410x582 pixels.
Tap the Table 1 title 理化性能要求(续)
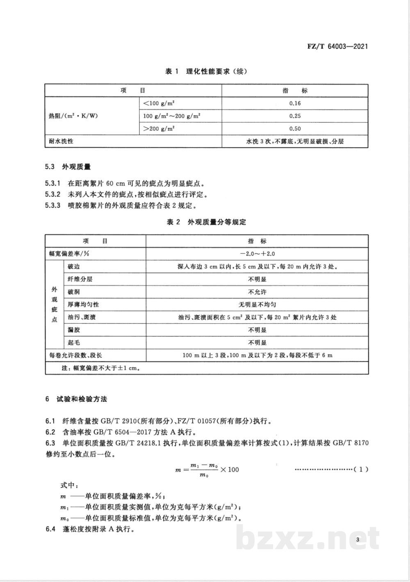(206, 71)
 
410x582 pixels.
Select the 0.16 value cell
(295, 103)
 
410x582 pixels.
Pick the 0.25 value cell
(295, 116)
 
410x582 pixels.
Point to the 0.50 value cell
(295, 128)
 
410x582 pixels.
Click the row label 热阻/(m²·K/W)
(73, 116)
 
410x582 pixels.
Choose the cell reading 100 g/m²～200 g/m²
(171, 116)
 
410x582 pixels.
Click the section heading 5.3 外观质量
(68, 167)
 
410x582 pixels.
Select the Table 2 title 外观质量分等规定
(206, 222)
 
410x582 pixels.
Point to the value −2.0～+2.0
(257, 254)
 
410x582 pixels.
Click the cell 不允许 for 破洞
(257, 292)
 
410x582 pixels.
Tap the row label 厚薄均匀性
(84, 305)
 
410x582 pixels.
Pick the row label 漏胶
(74, 330)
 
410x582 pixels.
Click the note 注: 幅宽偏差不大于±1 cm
(101, 368)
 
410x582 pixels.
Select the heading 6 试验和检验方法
(76, 399)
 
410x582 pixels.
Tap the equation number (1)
(360, 469)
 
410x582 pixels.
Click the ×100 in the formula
(230, 469)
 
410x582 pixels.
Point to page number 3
(358, 540)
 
